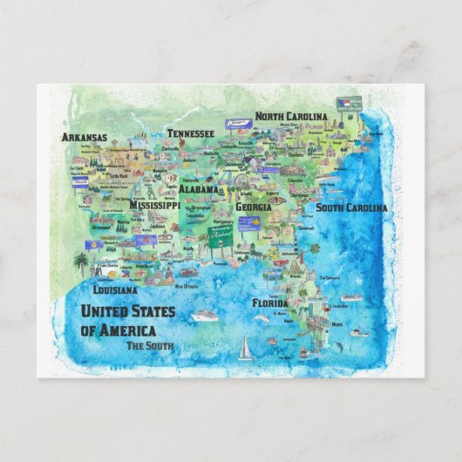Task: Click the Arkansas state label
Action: point(85,137)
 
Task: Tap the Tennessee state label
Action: point(190,133)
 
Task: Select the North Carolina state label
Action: point(291,116)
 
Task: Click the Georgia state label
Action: point(254,208)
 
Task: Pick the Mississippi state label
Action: point(154,206)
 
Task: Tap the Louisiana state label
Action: point(115,289)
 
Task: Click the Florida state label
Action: point(270,304)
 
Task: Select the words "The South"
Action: point(149,346)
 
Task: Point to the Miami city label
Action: point(337,324)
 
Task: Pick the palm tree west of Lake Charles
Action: point(81,262)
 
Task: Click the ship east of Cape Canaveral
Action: point(350,297)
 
